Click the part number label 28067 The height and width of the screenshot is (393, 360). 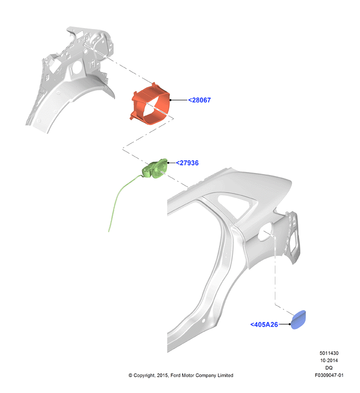(x=200, y=100)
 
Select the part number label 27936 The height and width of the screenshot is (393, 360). (x=187, y=163)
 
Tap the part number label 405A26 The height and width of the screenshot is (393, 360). (x=264, y=325)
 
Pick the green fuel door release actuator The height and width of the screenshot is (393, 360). (x=155, y=169)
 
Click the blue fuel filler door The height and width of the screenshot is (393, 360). (x=298, y=319)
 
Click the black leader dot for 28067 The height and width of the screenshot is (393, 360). (x=171, y=100)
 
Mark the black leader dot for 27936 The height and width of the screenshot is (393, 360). (x=168, y=163)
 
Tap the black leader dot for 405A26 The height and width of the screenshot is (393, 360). (x=290, y=324)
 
